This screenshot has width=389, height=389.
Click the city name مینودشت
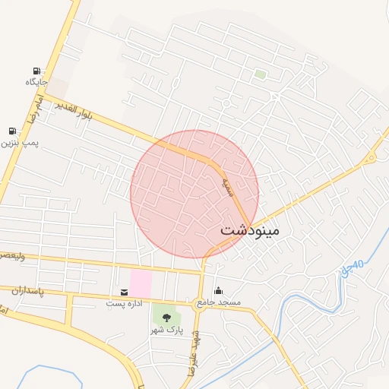tap(250, 229)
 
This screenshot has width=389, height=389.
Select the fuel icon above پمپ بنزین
tap(12, 131)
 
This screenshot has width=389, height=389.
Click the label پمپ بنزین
tap(19, 143)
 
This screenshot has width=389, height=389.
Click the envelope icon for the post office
tap(124, 292)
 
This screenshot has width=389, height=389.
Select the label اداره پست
tap(124, 303)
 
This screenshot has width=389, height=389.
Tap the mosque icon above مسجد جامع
tap(219, 290)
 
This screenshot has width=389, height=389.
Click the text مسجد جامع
tap(219, 302)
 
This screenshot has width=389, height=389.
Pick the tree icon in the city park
tap(166, 318)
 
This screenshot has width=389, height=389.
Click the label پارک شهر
tap(166, 330)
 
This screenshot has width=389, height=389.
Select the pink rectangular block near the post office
tap(140, 283)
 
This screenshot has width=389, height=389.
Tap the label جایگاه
tap(36, 82)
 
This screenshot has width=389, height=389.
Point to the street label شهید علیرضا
tap(191, 357)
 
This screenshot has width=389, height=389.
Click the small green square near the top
tap(261, 74)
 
